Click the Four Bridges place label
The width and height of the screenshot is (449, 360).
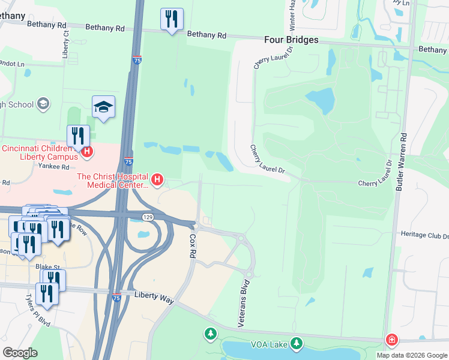pyautogui.click(x=291, y=40)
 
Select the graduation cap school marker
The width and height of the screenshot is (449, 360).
pyautogui.click(x=104, y=107)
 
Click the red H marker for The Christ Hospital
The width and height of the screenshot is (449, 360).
pyautogui.click(x=157, y=179)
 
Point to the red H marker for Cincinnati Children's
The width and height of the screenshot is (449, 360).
pyautogui.click(x=87, y=152)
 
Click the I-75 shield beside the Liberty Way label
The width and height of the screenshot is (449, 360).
pyautogui.click(x=116, y=296)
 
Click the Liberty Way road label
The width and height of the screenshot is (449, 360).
pyautogui.click(x=154, y=295)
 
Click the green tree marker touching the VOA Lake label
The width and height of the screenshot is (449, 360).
pyautogui.click(x=295, y=343)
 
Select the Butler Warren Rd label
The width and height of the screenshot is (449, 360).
pyautogui.click(x=402, y=162)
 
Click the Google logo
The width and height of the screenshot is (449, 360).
pyautogui.click(x=20, y=352)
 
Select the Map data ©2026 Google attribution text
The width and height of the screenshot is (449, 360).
pyautogui.click(x=411, y=355)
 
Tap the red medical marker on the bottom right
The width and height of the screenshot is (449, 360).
pyautogui.click(x=391, y=340)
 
